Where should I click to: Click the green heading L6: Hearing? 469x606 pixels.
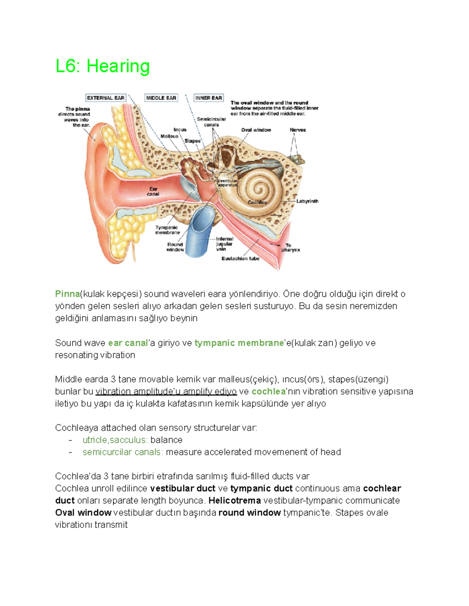point(102,66)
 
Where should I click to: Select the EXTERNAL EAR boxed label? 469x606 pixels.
point(106,98)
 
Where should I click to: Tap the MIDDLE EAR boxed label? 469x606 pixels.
point(161,98)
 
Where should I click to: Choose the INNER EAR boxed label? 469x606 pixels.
point(208,98)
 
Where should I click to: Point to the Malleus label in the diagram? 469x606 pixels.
point(169,136)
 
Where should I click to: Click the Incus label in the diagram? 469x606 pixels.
point(180,130)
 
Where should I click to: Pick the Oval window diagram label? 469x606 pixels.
point(256,130)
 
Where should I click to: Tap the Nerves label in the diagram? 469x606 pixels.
point(297,130)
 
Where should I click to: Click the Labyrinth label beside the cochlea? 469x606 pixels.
point(307,201)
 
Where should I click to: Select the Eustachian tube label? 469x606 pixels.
point(240,258)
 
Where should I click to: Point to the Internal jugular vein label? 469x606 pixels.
point(224,244)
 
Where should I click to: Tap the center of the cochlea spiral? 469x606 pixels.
point(258,189)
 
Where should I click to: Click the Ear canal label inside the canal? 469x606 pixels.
point(153,192)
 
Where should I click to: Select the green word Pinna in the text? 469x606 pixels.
point(67,294)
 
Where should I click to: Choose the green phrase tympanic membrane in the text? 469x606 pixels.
point(239,343)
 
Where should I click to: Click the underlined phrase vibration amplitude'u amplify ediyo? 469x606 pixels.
point(166,391)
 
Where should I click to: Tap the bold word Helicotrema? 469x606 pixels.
point(234,501)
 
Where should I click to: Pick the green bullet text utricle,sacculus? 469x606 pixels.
point(115,440)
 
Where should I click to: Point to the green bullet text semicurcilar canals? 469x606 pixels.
point(123,452)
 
